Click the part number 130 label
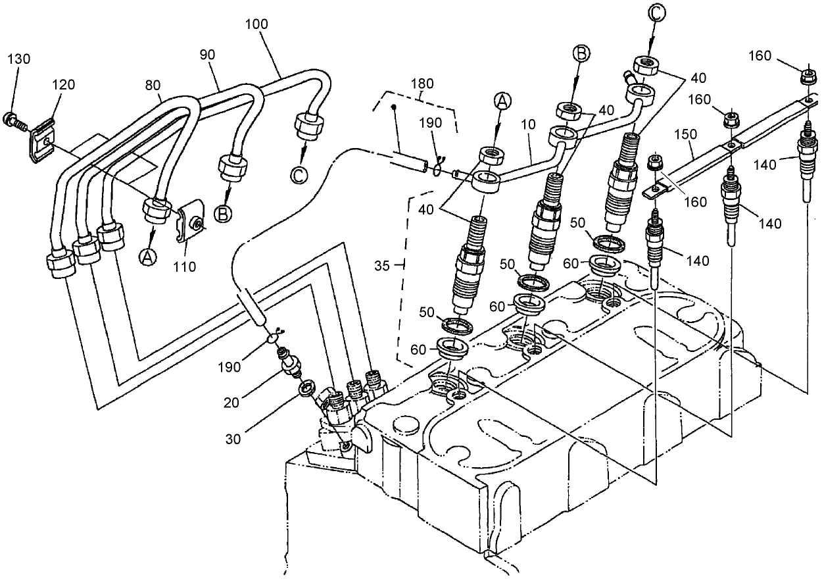click(18, 59)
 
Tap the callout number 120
click(63, 84)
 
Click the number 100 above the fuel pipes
click(256, 24)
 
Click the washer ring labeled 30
click(305, 390)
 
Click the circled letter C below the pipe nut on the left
click(298, 176)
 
